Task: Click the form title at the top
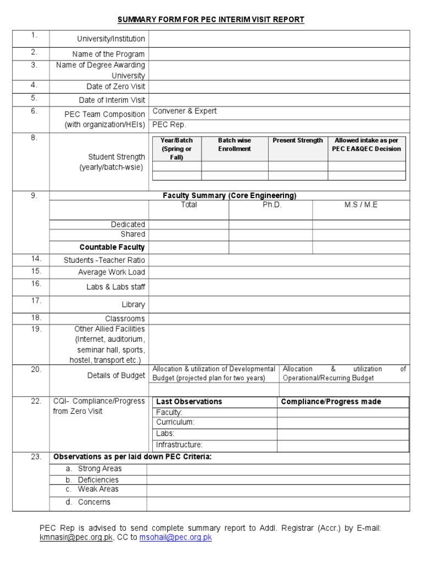(x=210, y=20)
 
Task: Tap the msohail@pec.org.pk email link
(x=175, y=538)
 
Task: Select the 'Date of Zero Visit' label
(x=115, y=87)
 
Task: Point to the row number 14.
(x=36, y=258)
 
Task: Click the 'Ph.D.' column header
(x=271, y=205)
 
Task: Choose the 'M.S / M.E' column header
(x=361, y=205)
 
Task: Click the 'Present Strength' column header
(x=298, y=140)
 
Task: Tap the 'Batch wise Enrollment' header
(x=235, y=144)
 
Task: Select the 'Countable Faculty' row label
(x=112, y=248)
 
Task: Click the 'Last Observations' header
(x=189, y=402)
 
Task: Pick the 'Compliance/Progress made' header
(x=331, y=402)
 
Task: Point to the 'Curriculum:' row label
(x=175, y=423)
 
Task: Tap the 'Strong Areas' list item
(x=99, y=469)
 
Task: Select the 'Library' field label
(x=134, y=305)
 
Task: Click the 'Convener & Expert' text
(x=185, y=111)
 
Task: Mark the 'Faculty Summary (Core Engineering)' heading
(x=229, y=195)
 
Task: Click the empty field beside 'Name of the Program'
(x=279, y=54)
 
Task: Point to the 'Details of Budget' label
(x=116, y=375)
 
